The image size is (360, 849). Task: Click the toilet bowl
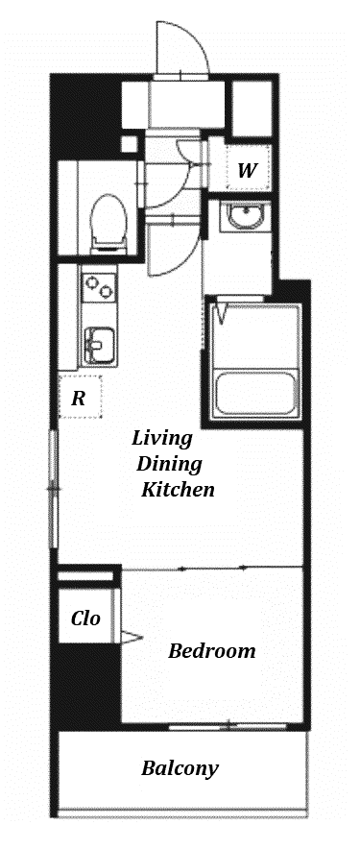point(108,219)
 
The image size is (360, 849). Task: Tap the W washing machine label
point(247,171)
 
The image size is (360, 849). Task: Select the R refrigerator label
point(79,399)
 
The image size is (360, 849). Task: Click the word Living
point(162,438)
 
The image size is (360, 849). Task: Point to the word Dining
point(169,464)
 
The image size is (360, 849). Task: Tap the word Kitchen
point(179,490)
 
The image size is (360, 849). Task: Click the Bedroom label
point(211,650)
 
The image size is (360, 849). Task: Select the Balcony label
point(180,768)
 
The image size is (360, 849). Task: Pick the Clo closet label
point(85,618)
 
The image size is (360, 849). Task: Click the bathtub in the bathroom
point(255,393)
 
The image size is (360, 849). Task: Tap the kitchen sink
point(99,345)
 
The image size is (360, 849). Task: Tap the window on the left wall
point(53,489)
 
